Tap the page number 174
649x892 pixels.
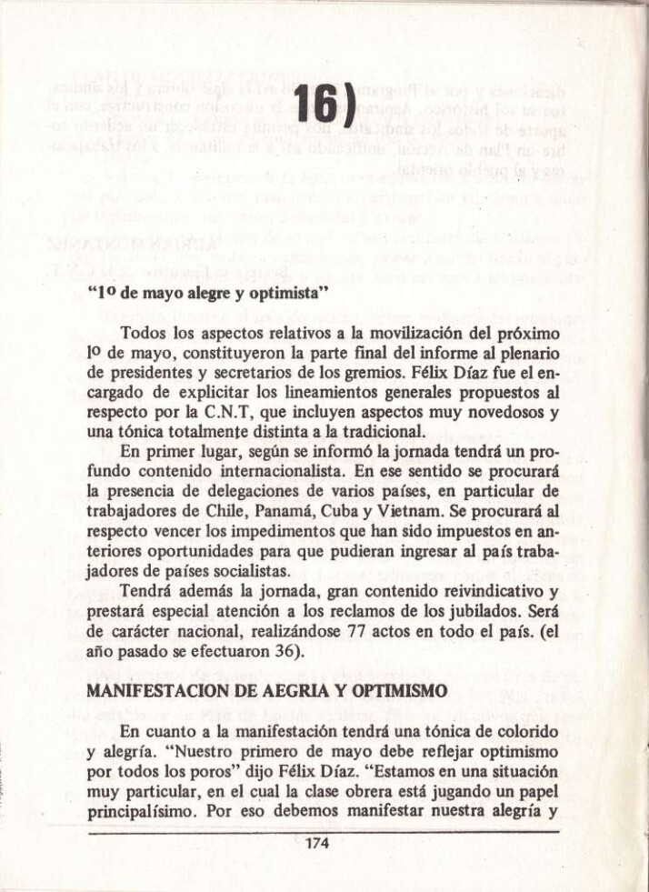tap(316, 842)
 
